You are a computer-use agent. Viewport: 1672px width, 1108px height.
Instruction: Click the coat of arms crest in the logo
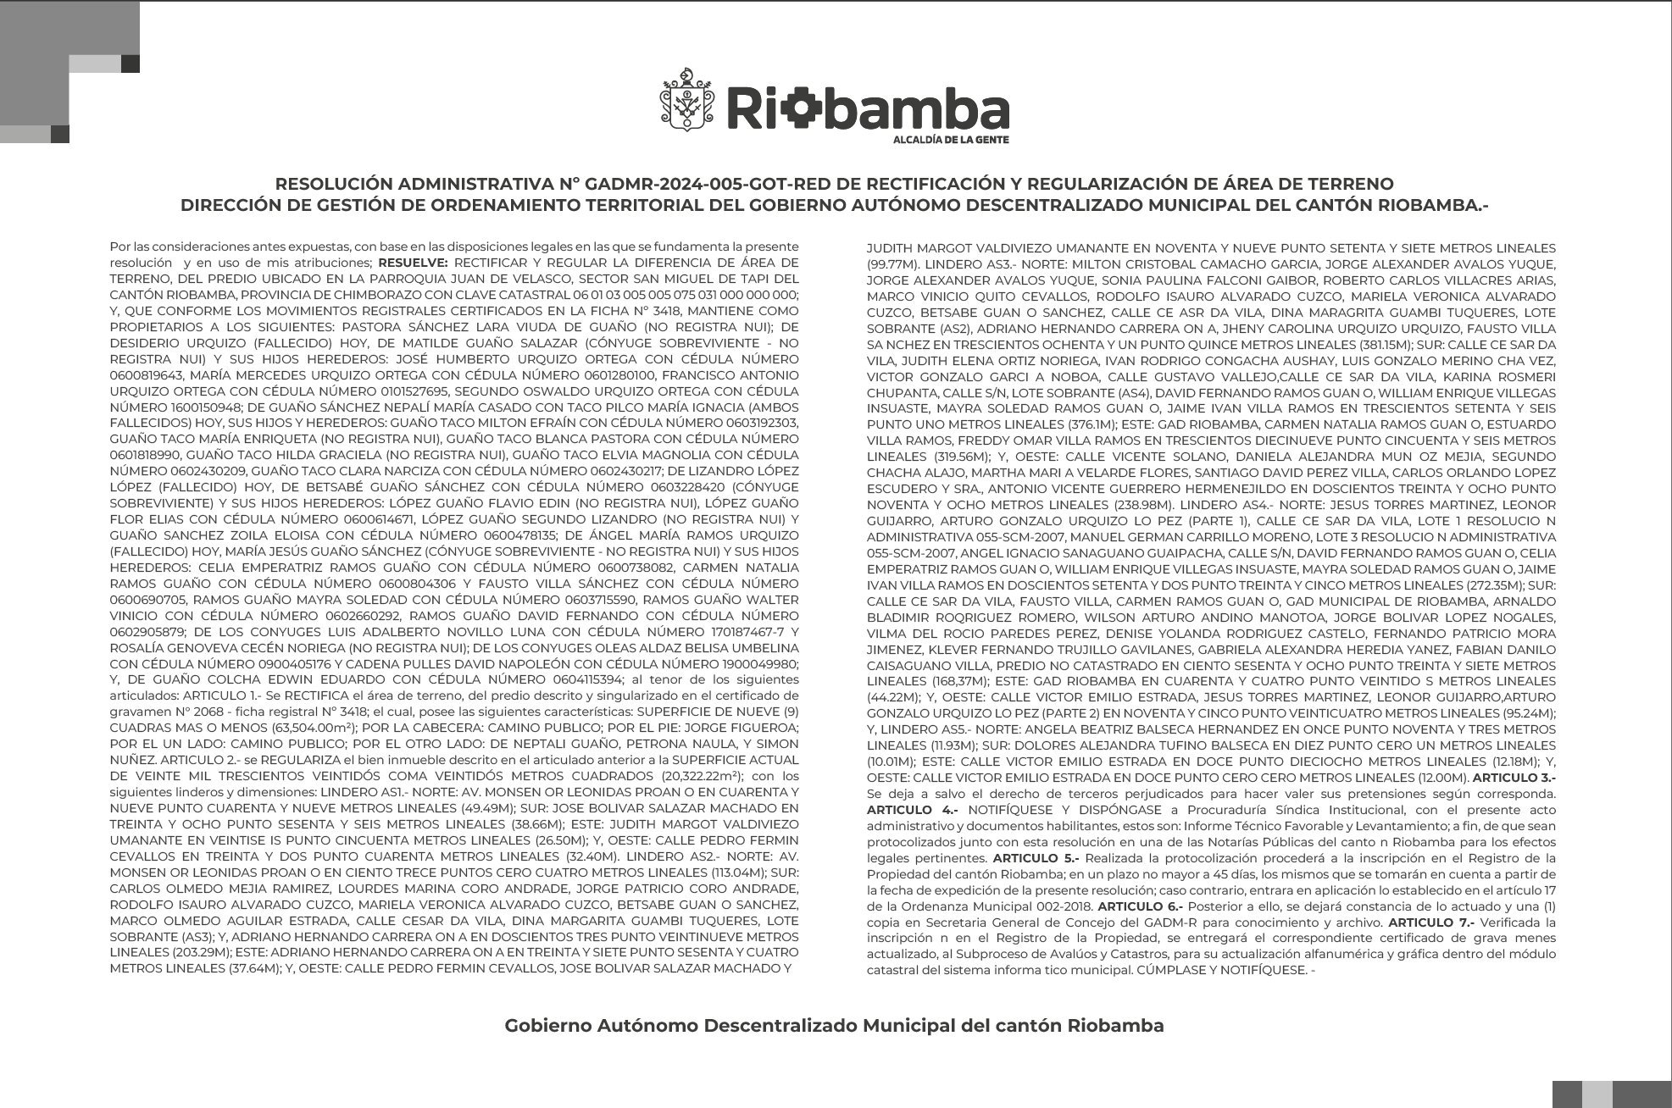(687, 100)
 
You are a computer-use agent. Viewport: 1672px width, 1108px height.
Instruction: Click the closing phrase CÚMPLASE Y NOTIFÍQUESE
(1220, 970)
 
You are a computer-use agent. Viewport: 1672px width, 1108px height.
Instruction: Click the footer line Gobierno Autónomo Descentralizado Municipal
(835, 1026)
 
